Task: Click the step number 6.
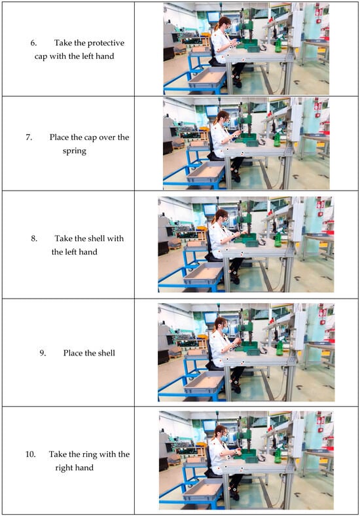click(33, 43)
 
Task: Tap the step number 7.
click(29, 138)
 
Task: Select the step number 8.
click(34, 238)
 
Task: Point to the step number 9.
click(43, 353)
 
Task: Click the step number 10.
click(30, 454)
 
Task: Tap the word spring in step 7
click(75, 151)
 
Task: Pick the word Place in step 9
click(73, 353)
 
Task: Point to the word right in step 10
click(64, 468)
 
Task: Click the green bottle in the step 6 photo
click(278, 45)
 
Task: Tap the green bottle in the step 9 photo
click(279, 348)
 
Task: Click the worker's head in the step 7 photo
click(223, 118)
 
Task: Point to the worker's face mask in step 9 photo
click(225, 330)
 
